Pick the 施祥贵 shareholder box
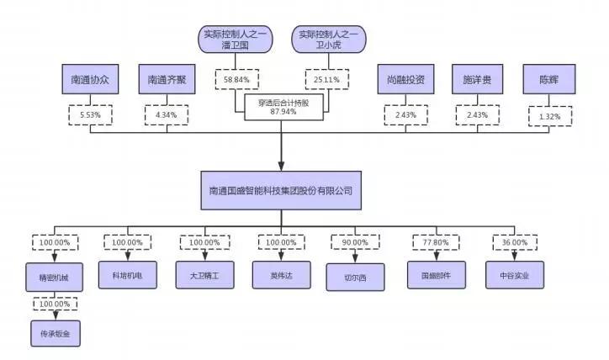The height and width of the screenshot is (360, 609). (477, 81)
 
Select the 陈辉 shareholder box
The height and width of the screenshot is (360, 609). (549, 81)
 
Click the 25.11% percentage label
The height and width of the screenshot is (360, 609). (327, 80)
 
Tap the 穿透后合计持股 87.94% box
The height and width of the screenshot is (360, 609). (283, 106)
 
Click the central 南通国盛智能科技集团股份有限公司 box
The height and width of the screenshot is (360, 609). (281, 190)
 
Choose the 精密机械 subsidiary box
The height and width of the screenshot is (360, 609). (55, 277)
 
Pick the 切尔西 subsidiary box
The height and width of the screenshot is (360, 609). (355, 277)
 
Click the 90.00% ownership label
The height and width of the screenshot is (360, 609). (355, 243)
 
